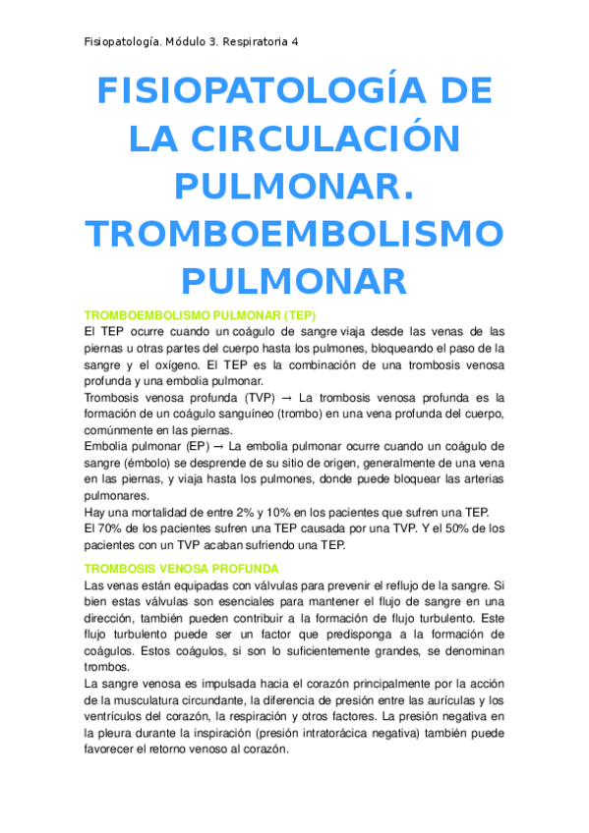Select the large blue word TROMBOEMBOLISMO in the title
(x=294, y=234)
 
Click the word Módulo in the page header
(x=188, y=42)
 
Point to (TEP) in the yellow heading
(x=296, y=315)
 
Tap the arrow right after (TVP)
(x=282, y=398)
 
